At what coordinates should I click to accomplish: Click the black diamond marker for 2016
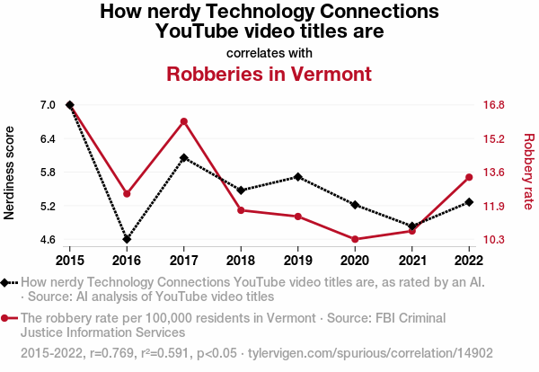click(x=127, y=239)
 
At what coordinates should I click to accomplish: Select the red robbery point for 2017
click(x=183, y=121)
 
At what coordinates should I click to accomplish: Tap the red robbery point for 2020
click(x=355, y=239)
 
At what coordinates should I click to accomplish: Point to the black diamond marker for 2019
click(x=297, y=177)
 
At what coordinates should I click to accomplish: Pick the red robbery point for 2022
click(x=469, y=177)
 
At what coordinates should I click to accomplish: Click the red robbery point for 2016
click(x=127, y=194)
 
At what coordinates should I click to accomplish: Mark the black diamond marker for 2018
click(x=241, y=190)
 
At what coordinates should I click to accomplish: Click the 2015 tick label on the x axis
click(x=69, y=261)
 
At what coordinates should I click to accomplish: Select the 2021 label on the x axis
click(x=411, y=261)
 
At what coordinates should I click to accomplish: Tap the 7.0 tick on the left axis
click(x=48, y=105)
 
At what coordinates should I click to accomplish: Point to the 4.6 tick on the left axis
click(x=48, y=240)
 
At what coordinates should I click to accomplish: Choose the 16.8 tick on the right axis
click(x=493, y=105)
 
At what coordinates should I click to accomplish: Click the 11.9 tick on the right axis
click(x=493, y=207)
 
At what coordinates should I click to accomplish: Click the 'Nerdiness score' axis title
click(x=10, y=173)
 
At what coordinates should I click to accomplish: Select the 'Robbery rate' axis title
click(x=528, y=173)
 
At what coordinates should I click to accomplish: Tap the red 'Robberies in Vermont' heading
click(x=269, y=73)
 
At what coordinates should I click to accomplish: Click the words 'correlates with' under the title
click(x=269, y=52)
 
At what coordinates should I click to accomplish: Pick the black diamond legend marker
click(x=7, y=282)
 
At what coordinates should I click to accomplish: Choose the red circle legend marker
click(x=7, y=318)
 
